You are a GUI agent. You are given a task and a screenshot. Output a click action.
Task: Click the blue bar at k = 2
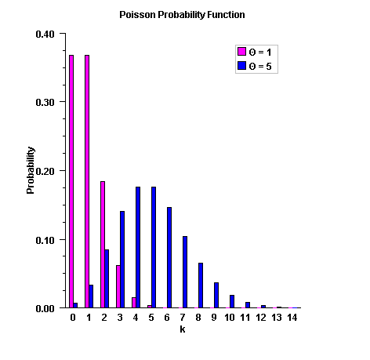pos(107,278)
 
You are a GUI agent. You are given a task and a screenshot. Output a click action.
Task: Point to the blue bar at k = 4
pos(138,247)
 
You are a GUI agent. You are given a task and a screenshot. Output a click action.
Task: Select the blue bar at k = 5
pos(154,247)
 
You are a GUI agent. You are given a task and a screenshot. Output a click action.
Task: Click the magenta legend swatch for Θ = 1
pos(241,52)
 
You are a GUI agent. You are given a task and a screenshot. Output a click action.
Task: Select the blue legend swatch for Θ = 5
pos(241,67)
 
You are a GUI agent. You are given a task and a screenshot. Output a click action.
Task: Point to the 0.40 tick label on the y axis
pos(45,34)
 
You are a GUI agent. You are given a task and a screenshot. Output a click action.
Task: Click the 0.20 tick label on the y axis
pos(45,171)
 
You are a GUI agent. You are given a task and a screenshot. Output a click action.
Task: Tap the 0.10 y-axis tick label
pos(45,239)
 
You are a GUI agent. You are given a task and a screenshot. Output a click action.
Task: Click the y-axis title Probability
pos(31,170)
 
